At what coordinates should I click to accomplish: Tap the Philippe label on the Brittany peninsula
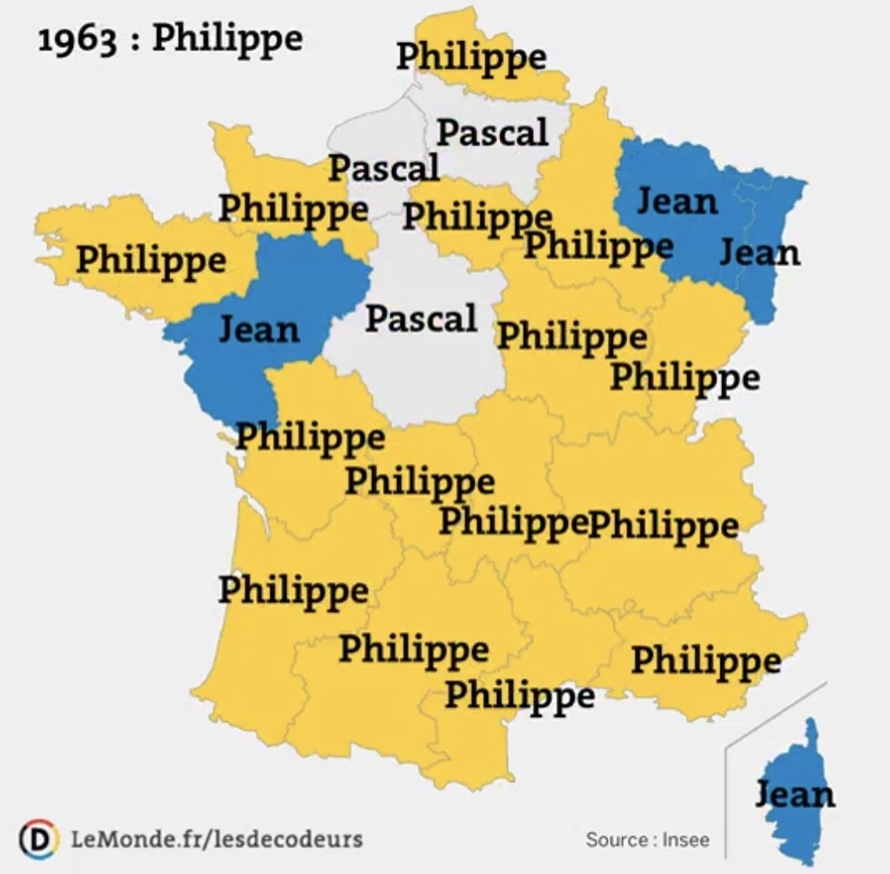(x=151, y=259)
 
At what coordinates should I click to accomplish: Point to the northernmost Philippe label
(x=471, y=57)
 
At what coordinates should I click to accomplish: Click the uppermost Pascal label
(x=492, y=132)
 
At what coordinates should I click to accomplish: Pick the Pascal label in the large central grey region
(x=421, y=318)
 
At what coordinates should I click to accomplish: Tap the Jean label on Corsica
(x=795, y=793)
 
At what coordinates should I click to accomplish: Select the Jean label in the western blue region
(x=259, y=328)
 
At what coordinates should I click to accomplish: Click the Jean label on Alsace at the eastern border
(x=760, y=252)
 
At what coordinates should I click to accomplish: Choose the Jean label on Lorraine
(x=678, y=201)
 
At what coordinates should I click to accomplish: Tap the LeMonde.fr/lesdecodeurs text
(x=217, y=837)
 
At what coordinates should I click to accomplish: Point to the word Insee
(x=686, y=839)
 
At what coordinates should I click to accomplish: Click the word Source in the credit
(x=615, y=839)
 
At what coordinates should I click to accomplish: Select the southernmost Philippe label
(x=520, y=695)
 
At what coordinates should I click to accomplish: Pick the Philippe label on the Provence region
(x=705, y=661)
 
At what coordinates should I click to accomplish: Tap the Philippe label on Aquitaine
(x=293, y=590)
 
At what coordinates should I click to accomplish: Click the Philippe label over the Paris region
(x=477, y=217)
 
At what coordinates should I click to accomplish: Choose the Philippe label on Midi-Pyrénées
(x=413, y=649)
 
